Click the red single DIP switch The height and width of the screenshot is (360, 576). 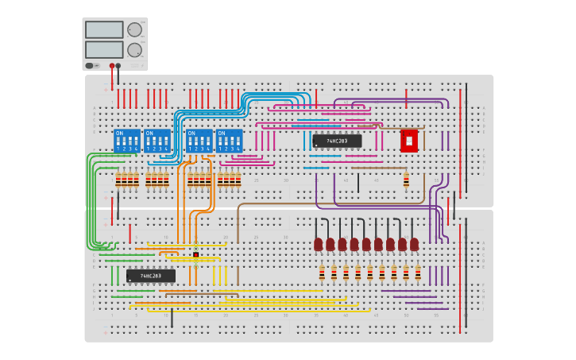[x=409, y=141]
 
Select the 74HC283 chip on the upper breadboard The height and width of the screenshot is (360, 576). [x=337, y=141]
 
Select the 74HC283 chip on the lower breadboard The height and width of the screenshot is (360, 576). [x=151, y=276]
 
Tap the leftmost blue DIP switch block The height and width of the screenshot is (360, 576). [x=127, y=141]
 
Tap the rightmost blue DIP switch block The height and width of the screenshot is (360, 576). [x=230, y=141]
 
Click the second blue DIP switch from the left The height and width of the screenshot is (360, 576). [x=157, y=141]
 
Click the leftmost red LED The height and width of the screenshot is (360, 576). [x=318, y=243]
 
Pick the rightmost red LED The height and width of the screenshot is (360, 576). [x=415, y=243]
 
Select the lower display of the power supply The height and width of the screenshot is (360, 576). [x=103, y=49]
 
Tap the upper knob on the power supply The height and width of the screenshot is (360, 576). [x=134, y=30]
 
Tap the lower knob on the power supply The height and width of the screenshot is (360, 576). [x=134, y=49]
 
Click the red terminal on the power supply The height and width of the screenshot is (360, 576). [x=112, y=66]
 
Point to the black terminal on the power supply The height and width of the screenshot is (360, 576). [x=118, y=66]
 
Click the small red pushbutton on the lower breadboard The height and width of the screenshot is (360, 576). [x=195, y=254]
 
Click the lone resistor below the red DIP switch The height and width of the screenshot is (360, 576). [x=406, y=180]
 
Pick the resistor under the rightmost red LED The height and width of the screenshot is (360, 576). [x=418, y=273]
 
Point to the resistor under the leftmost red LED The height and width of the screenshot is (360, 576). [x=322, y=273]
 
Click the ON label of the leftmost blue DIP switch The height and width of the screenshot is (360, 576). [x=119, y=134]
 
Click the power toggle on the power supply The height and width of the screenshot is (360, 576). [x=90, y=66]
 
